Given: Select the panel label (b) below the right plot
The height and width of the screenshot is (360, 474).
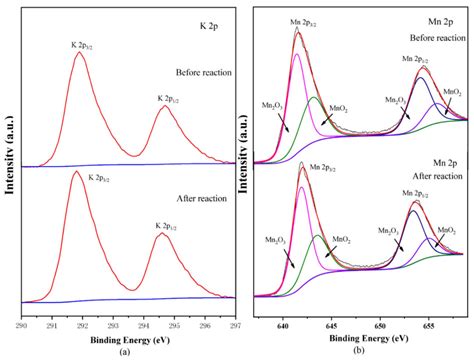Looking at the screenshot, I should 362,351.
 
